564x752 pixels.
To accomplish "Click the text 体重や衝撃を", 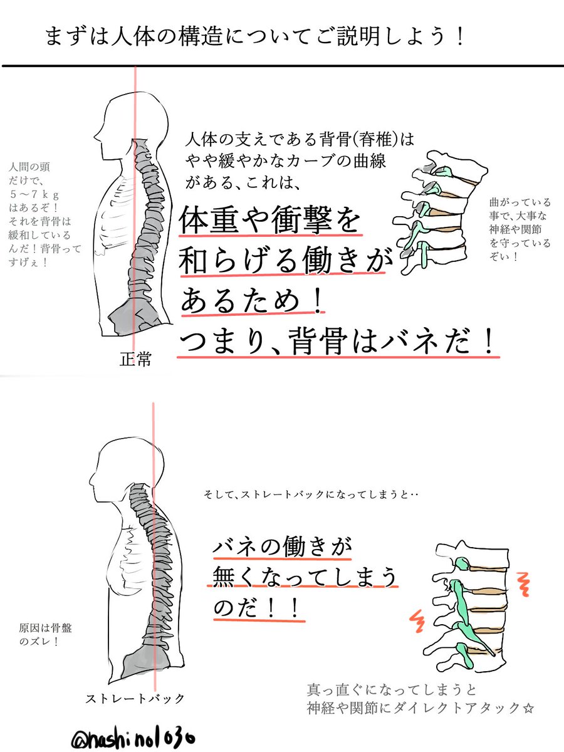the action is point(270,220).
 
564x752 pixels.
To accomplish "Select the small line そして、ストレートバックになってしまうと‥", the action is point(311,494).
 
